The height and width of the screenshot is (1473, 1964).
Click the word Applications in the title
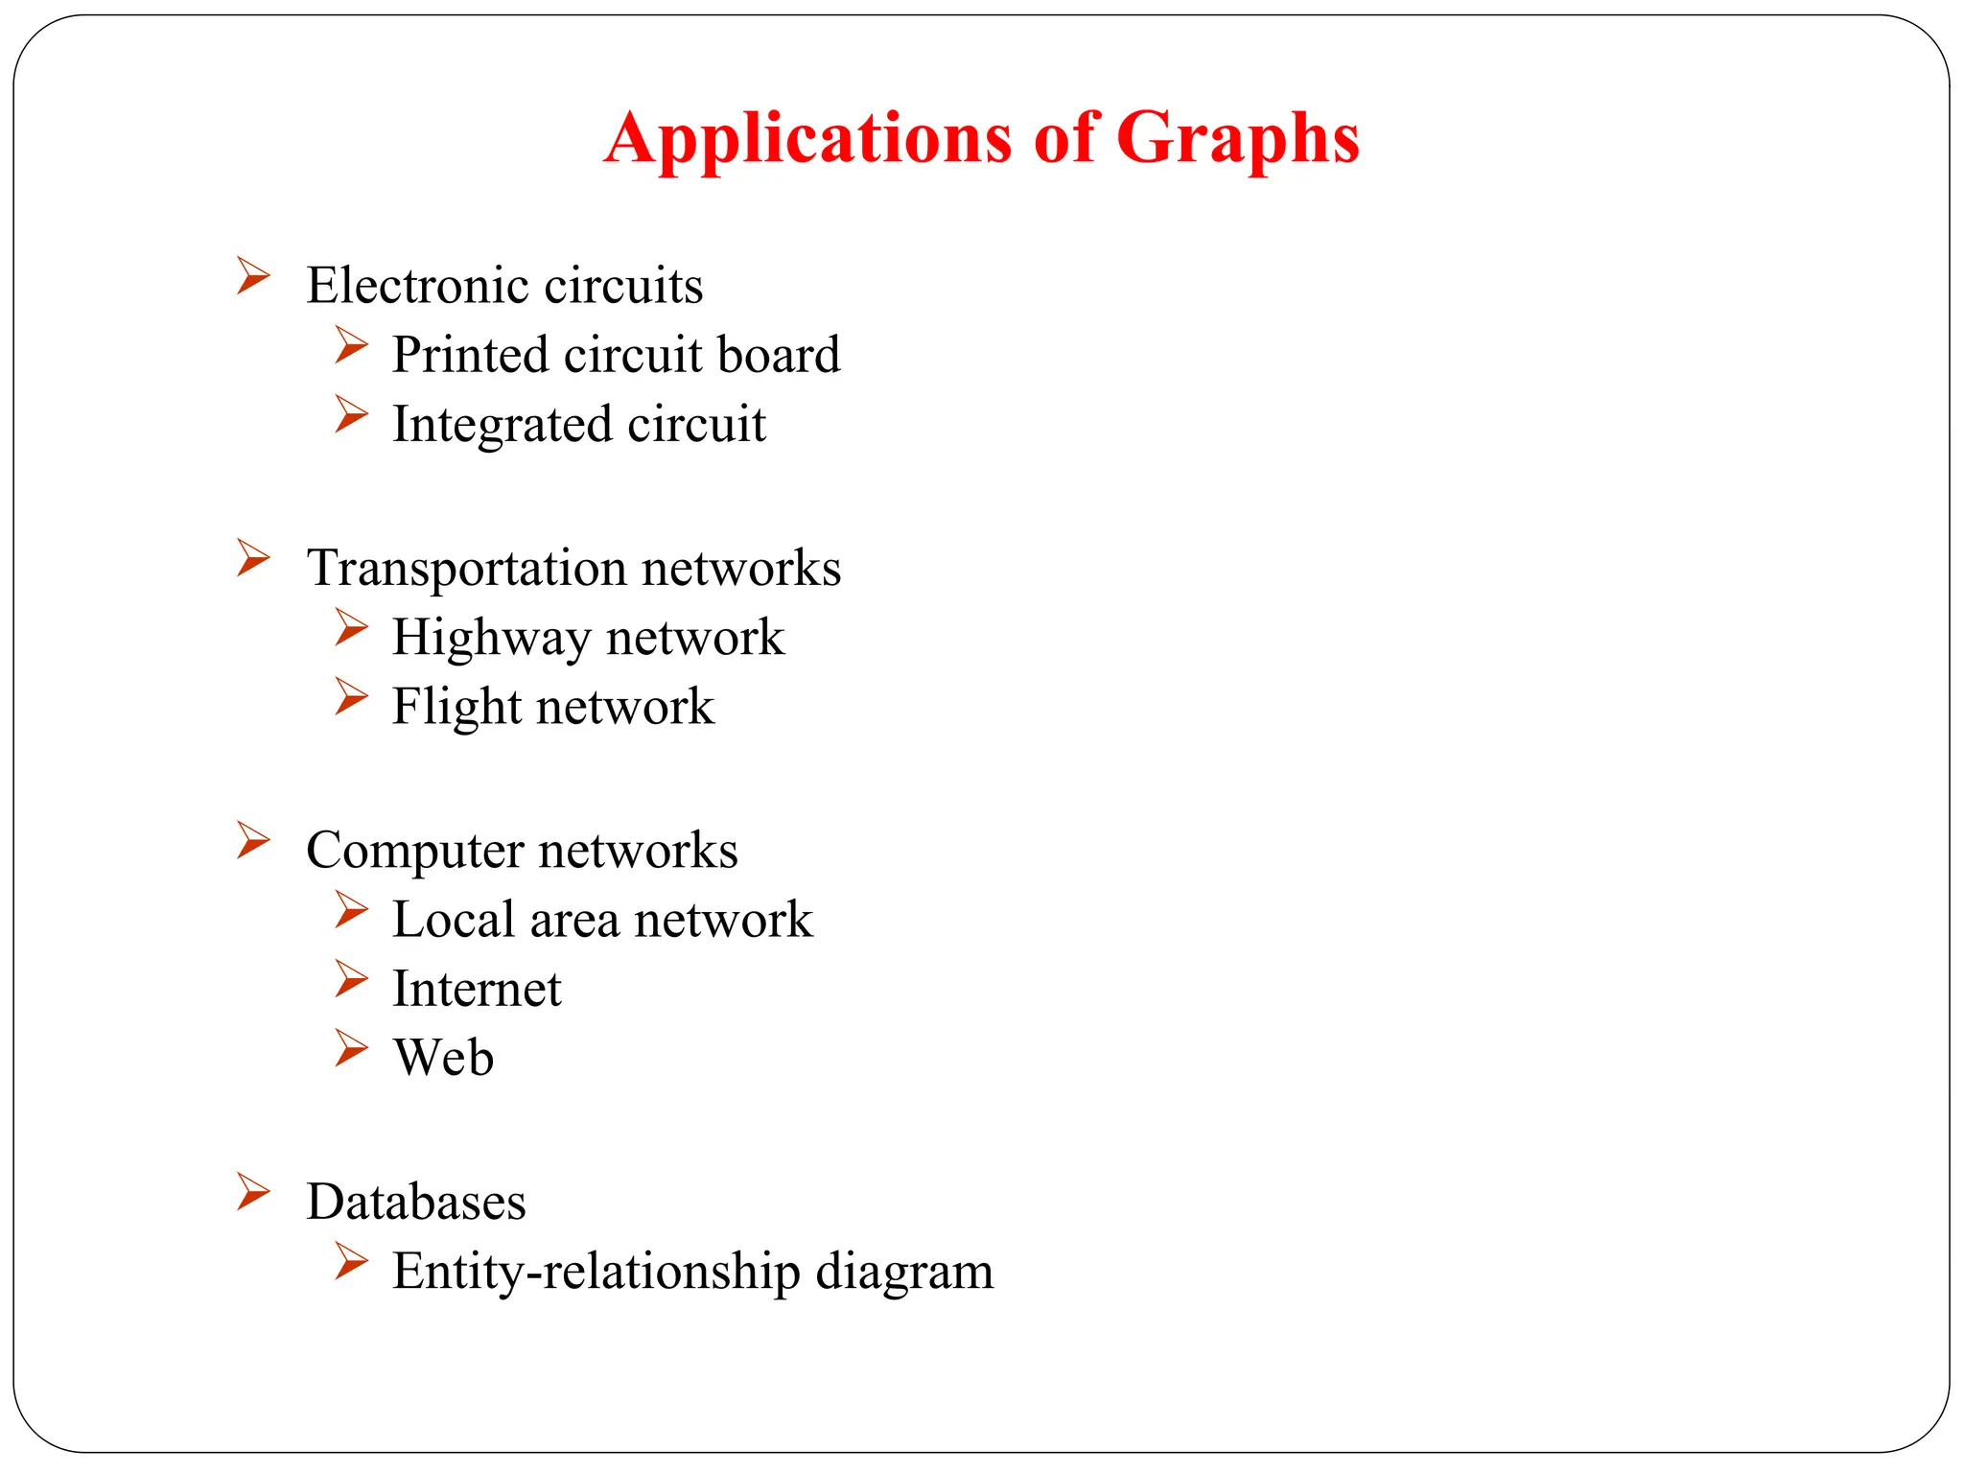(x=807, y=139)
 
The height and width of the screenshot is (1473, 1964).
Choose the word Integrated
(x=499, y=425)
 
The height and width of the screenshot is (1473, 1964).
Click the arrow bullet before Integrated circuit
(x=351, y=414)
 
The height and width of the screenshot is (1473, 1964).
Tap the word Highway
(x=491, y=639)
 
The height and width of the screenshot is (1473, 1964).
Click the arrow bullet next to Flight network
(x=351, y=697)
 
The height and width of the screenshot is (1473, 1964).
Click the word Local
(x=454, y=921)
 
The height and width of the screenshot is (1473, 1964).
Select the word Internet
(x=477, y=990)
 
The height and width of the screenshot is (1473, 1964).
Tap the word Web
(x=443, y=1059)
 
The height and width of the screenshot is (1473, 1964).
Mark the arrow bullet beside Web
(x=351, y=1048)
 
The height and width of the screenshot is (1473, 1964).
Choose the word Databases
(x=416, y=1203)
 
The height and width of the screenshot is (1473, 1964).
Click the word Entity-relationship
(x=596, y=1273)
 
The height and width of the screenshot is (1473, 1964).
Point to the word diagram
(x=904, y=1273)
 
